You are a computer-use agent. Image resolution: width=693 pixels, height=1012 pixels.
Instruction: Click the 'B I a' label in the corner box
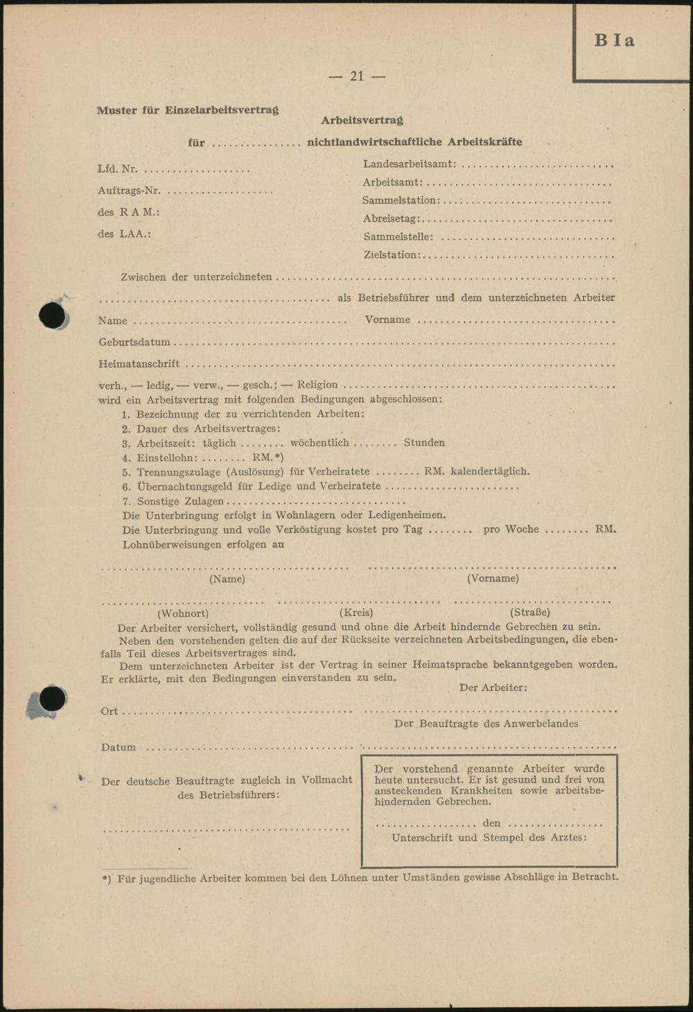tap(614, 40)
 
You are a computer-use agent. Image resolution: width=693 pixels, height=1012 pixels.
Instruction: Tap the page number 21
tap(357, 76)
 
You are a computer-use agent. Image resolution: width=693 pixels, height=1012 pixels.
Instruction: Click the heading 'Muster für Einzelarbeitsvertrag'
tap(188, 110)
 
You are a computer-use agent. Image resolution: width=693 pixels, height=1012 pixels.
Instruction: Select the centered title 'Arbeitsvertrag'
tap(362, 121)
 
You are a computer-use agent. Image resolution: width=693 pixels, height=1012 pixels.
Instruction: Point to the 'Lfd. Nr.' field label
tap(117, 168)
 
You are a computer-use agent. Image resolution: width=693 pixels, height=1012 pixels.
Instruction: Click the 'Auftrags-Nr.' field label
tap(129, 191)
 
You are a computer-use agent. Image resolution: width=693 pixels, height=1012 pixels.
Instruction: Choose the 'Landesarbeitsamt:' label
tap(410, 164)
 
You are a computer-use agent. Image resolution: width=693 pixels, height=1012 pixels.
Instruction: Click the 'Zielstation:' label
tap(392, 254)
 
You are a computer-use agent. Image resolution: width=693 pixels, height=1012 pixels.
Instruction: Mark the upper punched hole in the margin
tap(53, 316)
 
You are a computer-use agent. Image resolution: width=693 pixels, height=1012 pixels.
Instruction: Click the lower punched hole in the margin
tap(53, 699)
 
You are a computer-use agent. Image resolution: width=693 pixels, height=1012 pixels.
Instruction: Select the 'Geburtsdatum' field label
tap(134, 342)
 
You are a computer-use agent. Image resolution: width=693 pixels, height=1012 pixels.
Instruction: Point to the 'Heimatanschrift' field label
tap(139, 363)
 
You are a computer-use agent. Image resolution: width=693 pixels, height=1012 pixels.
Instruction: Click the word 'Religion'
tap(317, 385)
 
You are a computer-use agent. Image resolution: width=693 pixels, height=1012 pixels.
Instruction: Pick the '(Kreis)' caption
tap(356, 612)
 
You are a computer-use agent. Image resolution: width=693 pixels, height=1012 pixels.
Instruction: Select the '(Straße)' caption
tap(530, 612)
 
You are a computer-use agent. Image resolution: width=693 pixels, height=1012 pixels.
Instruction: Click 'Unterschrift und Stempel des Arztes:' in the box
tap(489, 837)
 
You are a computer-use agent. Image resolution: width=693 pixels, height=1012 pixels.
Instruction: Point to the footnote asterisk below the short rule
tap(105, 878)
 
